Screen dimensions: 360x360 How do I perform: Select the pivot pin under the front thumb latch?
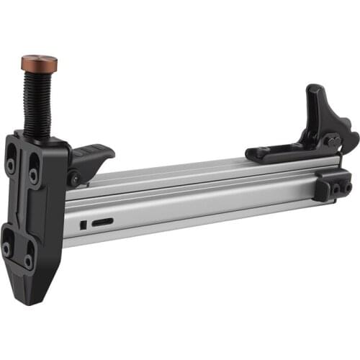[x=73, y=178]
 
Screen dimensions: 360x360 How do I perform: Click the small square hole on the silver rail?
[x=84, y=225]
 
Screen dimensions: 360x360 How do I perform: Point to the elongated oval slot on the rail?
[x=102, y=221]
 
